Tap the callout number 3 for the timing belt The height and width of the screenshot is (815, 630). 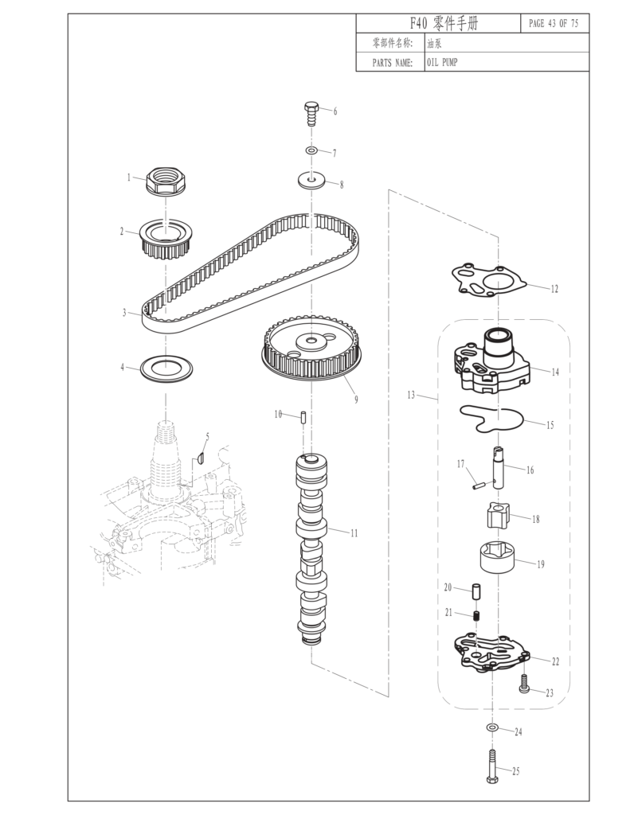(124, 314)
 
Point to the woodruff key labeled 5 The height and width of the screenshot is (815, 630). (201, 458)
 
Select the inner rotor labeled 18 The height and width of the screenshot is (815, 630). (496, 517)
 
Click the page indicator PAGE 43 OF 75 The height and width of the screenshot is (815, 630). (554, 23)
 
